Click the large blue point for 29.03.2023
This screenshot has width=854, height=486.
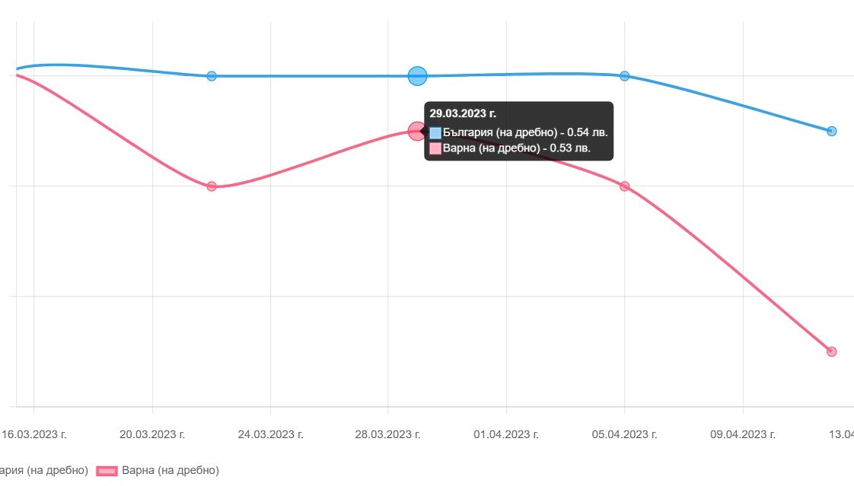[417, 76]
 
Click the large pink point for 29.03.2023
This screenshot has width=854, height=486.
[416, 131]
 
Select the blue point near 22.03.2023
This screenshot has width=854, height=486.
[212, 76]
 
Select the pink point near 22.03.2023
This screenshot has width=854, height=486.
[212, 186]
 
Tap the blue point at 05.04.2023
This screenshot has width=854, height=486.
[625, 76]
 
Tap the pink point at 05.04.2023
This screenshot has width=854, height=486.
[625, 186]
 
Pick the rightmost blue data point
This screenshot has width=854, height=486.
[831, 131]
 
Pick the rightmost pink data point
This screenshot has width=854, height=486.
[831, 351]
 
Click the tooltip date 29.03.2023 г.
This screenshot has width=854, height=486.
[463, 113]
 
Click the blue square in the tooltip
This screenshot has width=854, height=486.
[435, 132]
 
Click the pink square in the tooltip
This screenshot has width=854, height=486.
[435, 148]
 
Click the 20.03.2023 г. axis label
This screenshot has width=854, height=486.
[152, 434]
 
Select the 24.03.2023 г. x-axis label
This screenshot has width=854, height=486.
[270, 434]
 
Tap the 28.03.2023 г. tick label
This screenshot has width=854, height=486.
[388, 434]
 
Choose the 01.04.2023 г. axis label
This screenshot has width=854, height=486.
[506, 434]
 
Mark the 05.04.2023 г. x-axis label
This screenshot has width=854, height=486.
[624, 434]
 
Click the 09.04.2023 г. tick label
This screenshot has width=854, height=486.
[743, 434]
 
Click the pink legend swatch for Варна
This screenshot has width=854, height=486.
[106, 471]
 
